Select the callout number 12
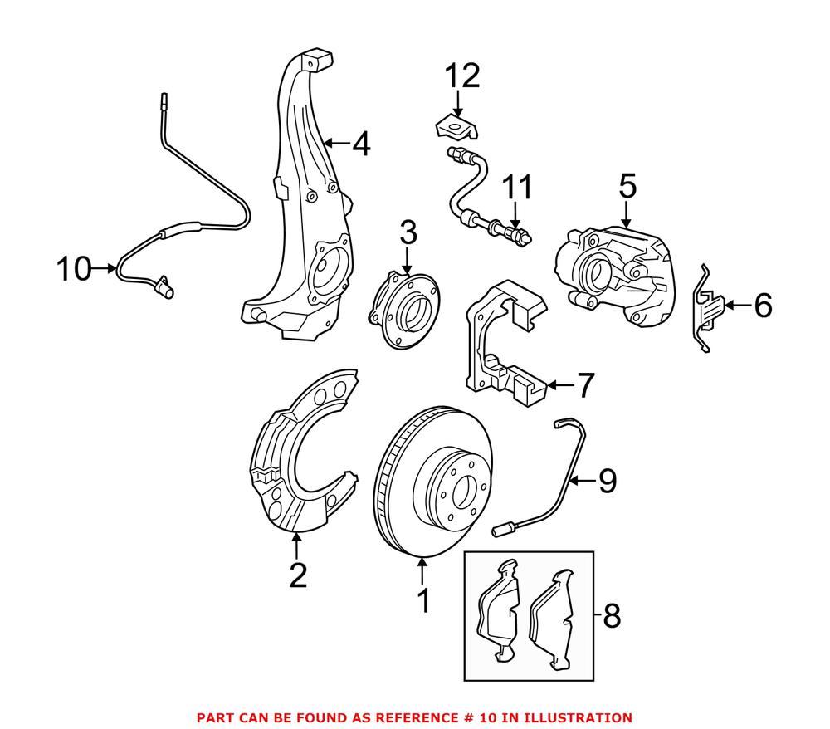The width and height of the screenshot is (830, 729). tap(462, 76)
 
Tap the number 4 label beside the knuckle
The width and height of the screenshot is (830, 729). tap(359, 144)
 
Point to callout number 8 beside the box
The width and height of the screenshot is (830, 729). tap(612, 615)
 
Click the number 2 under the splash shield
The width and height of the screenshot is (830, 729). tap(297, 575)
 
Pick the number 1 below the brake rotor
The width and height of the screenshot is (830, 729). tap(423, 600)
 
